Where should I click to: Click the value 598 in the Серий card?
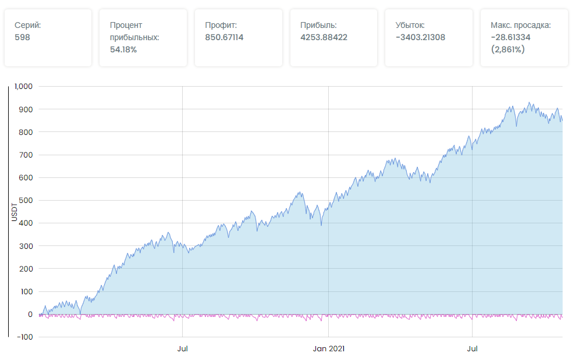22,37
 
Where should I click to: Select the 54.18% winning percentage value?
123,49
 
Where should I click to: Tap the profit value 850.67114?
224,37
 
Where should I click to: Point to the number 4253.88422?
324,37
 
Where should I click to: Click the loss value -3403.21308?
420,37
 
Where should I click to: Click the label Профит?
221,25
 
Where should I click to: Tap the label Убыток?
410,25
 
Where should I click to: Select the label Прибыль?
318,25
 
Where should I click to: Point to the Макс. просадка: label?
521,25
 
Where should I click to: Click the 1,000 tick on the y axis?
24,86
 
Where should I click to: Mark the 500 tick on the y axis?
27,200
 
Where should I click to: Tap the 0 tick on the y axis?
30,314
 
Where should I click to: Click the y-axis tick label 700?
27,155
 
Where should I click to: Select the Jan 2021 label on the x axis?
329,349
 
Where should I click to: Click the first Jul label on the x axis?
183,349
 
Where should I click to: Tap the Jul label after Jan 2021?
473,349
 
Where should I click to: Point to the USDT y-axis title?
14,212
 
